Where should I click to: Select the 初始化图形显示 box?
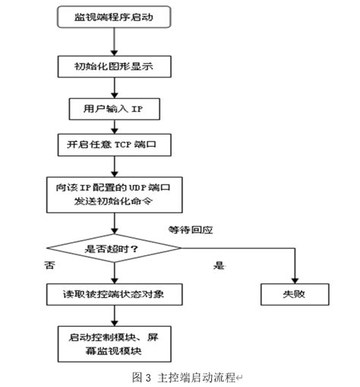click(115, 66)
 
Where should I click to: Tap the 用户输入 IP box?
click(115, 108)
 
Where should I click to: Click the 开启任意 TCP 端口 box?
click(115, 144)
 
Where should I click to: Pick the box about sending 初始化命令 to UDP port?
click(115, 195)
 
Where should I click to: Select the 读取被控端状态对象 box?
click(115, 293)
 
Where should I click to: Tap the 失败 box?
click(295, 293)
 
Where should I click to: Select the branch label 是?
click(221, 267)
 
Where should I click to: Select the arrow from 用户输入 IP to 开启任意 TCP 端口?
click(115, 126)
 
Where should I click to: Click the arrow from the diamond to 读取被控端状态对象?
click(115, 269)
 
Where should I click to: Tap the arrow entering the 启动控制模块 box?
click(115, 316)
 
